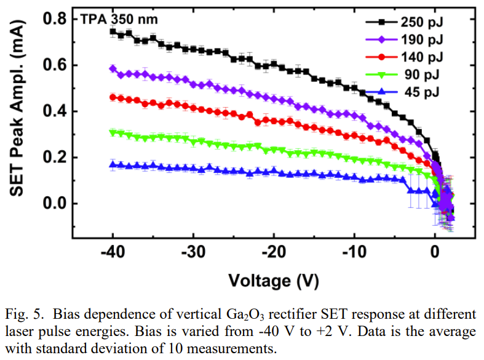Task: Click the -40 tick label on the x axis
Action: pos(113,253)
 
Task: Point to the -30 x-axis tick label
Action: pos(194,253)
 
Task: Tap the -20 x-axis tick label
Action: pos(274,253)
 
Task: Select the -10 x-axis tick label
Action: pos(355,253)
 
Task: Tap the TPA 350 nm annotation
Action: pos(119,19)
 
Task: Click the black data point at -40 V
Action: pos(113,31)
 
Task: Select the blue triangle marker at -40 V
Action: pos(113,164)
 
